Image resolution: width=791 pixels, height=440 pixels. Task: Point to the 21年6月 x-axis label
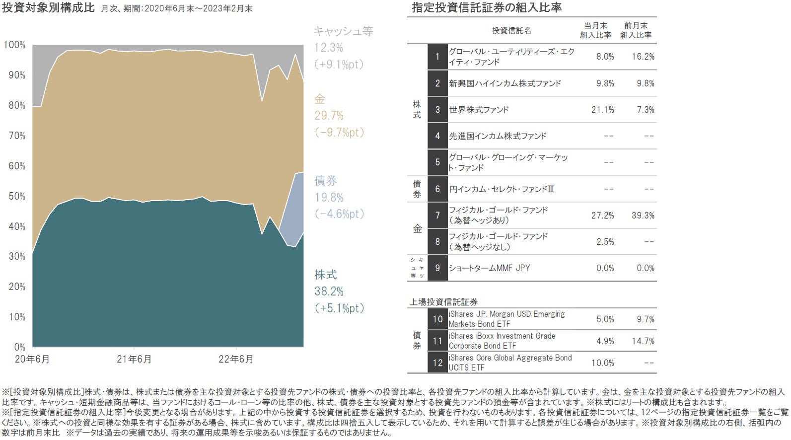point(134,359)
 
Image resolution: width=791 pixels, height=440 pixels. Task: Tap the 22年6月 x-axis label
point(236,359)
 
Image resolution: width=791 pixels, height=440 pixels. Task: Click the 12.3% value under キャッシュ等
point(328,48)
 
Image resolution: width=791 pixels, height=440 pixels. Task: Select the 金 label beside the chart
point(319,99)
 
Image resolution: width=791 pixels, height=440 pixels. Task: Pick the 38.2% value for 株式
point(329,292)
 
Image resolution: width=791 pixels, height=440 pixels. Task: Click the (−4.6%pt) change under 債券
point(339,214)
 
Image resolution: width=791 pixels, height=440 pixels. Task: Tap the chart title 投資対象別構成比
point(48,8)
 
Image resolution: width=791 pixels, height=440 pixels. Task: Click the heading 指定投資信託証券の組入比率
point(487,8)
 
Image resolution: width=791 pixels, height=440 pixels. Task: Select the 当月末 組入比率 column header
point(595,30)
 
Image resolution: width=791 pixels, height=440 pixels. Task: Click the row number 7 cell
point(437,216)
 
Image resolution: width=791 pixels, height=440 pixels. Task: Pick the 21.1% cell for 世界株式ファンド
point(602,110)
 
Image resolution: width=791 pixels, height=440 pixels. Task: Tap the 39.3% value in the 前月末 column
point(643,216)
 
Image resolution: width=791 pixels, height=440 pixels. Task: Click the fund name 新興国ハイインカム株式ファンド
point(505,83)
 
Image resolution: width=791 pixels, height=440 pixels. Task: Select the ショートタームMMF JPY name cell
point(489,268)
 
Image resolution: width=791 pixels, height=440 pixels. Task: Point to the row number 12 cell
point(437,363)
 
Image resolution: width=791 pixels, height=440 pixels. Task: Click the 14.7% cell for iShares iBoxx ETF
point(643,341)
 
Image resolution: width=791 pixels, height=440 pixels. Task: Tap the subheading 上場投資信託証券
point(443,302)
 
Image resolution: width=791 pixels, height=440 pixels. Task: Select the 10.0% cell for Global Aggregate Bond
point(602,363)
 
